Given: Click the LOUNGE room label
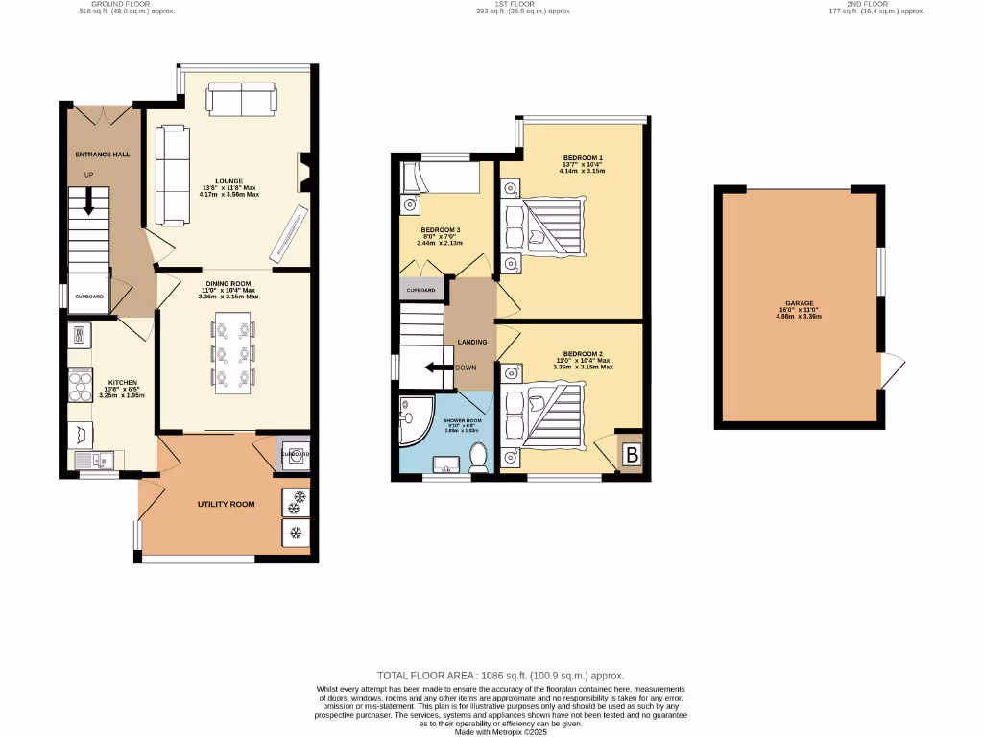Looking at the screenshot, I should pos(228,180).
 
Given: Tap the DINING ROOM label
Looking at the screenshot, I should pos(228,284).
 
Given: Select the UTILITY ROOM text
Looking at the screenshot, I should pos(226,504).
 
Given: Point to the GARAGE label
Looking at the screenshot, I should pos(798,303).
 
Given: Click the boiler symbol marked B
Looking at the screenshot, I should pos(632,455).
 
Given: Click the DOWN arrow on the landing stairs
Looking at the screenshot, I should pos(441,368).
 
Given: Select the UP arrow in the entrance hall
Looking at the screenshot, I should pos(88,201).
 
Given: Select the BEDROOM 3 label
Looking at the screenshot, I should pos(441,230).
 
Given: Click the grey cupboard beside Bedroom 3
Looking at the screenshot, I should pos(421,290).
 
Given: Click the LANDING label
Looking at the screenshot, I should pos(471,342).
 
